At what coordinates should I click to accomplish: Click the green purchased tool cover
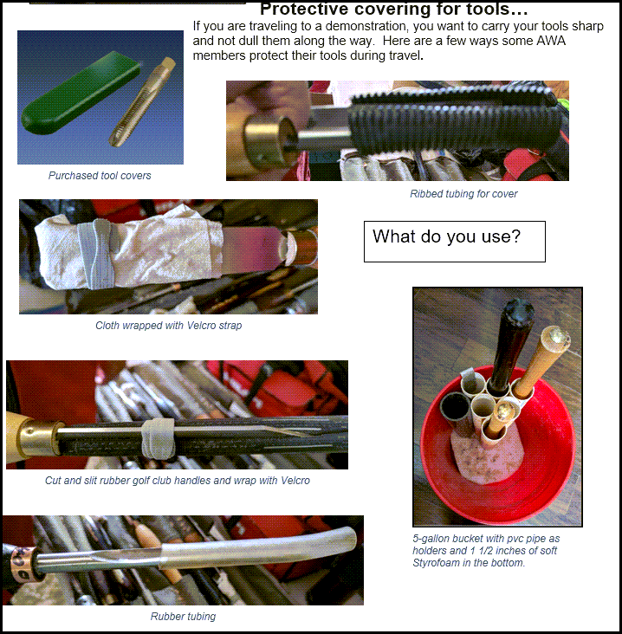click(x=81, y=94)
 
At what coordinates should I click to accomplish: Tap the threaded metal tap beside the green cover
click(x=142, y=101)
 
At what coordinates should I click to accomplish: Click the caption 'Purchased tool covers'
click(x=100, y=176)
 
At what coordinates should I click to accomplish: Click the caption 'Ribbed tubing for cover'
click(x=463, y=194)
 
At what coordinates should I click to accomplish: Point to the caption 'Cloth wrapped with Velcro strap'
click(x=168, y=326)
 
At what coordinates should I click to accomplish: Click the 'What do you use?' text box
click(x=455, y=242)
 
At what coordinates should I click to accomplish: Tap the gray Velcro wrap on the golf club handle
click(x=158, y=438)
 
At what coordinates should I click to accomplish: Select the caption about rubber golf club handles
click(x=177, y=481)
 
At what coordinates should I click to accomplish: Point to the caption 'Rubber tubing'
click(x=183, y=616)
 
